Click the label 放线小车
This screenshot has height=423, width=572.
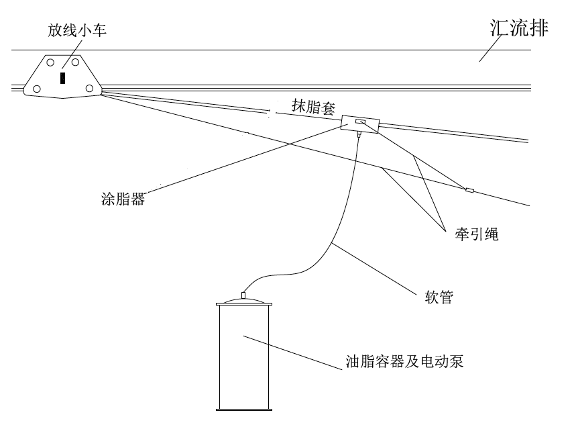(76, 31)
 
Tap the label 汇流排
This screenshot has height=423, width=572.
(518, 29)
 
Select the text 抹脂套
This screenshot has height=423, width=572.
(313, 107)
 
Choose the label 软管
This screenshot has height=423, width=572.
(439, 297)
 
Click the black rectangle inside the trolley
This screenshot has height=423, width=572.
(62, 78)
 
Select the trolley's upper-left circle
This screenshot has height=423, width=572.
(51, 62)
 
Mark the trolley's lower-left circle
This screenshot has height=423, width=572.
(36, 89)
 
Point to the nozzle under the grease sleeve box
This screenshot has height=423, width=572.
(359, 134)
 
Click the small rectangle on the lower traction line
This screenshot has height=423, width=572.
(469, 191)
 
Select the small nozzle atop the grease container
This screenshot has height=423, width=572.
(243, 294)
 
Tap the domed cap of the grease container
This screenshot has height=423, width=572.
(243, 300)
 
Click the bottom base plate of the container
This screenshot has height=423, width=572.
(243, 408)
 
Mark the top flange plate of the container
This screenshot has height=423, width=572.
(243, 305)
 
